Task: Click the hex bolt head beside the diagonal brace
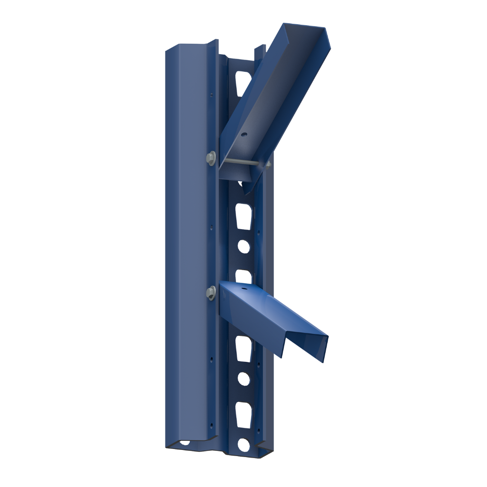211,157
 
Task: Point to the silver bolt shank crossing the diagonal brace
240,163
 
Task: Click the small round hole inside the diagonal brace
243,135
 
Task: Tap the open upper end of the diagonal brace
304,36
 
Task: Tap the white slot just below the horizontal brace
243,348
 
